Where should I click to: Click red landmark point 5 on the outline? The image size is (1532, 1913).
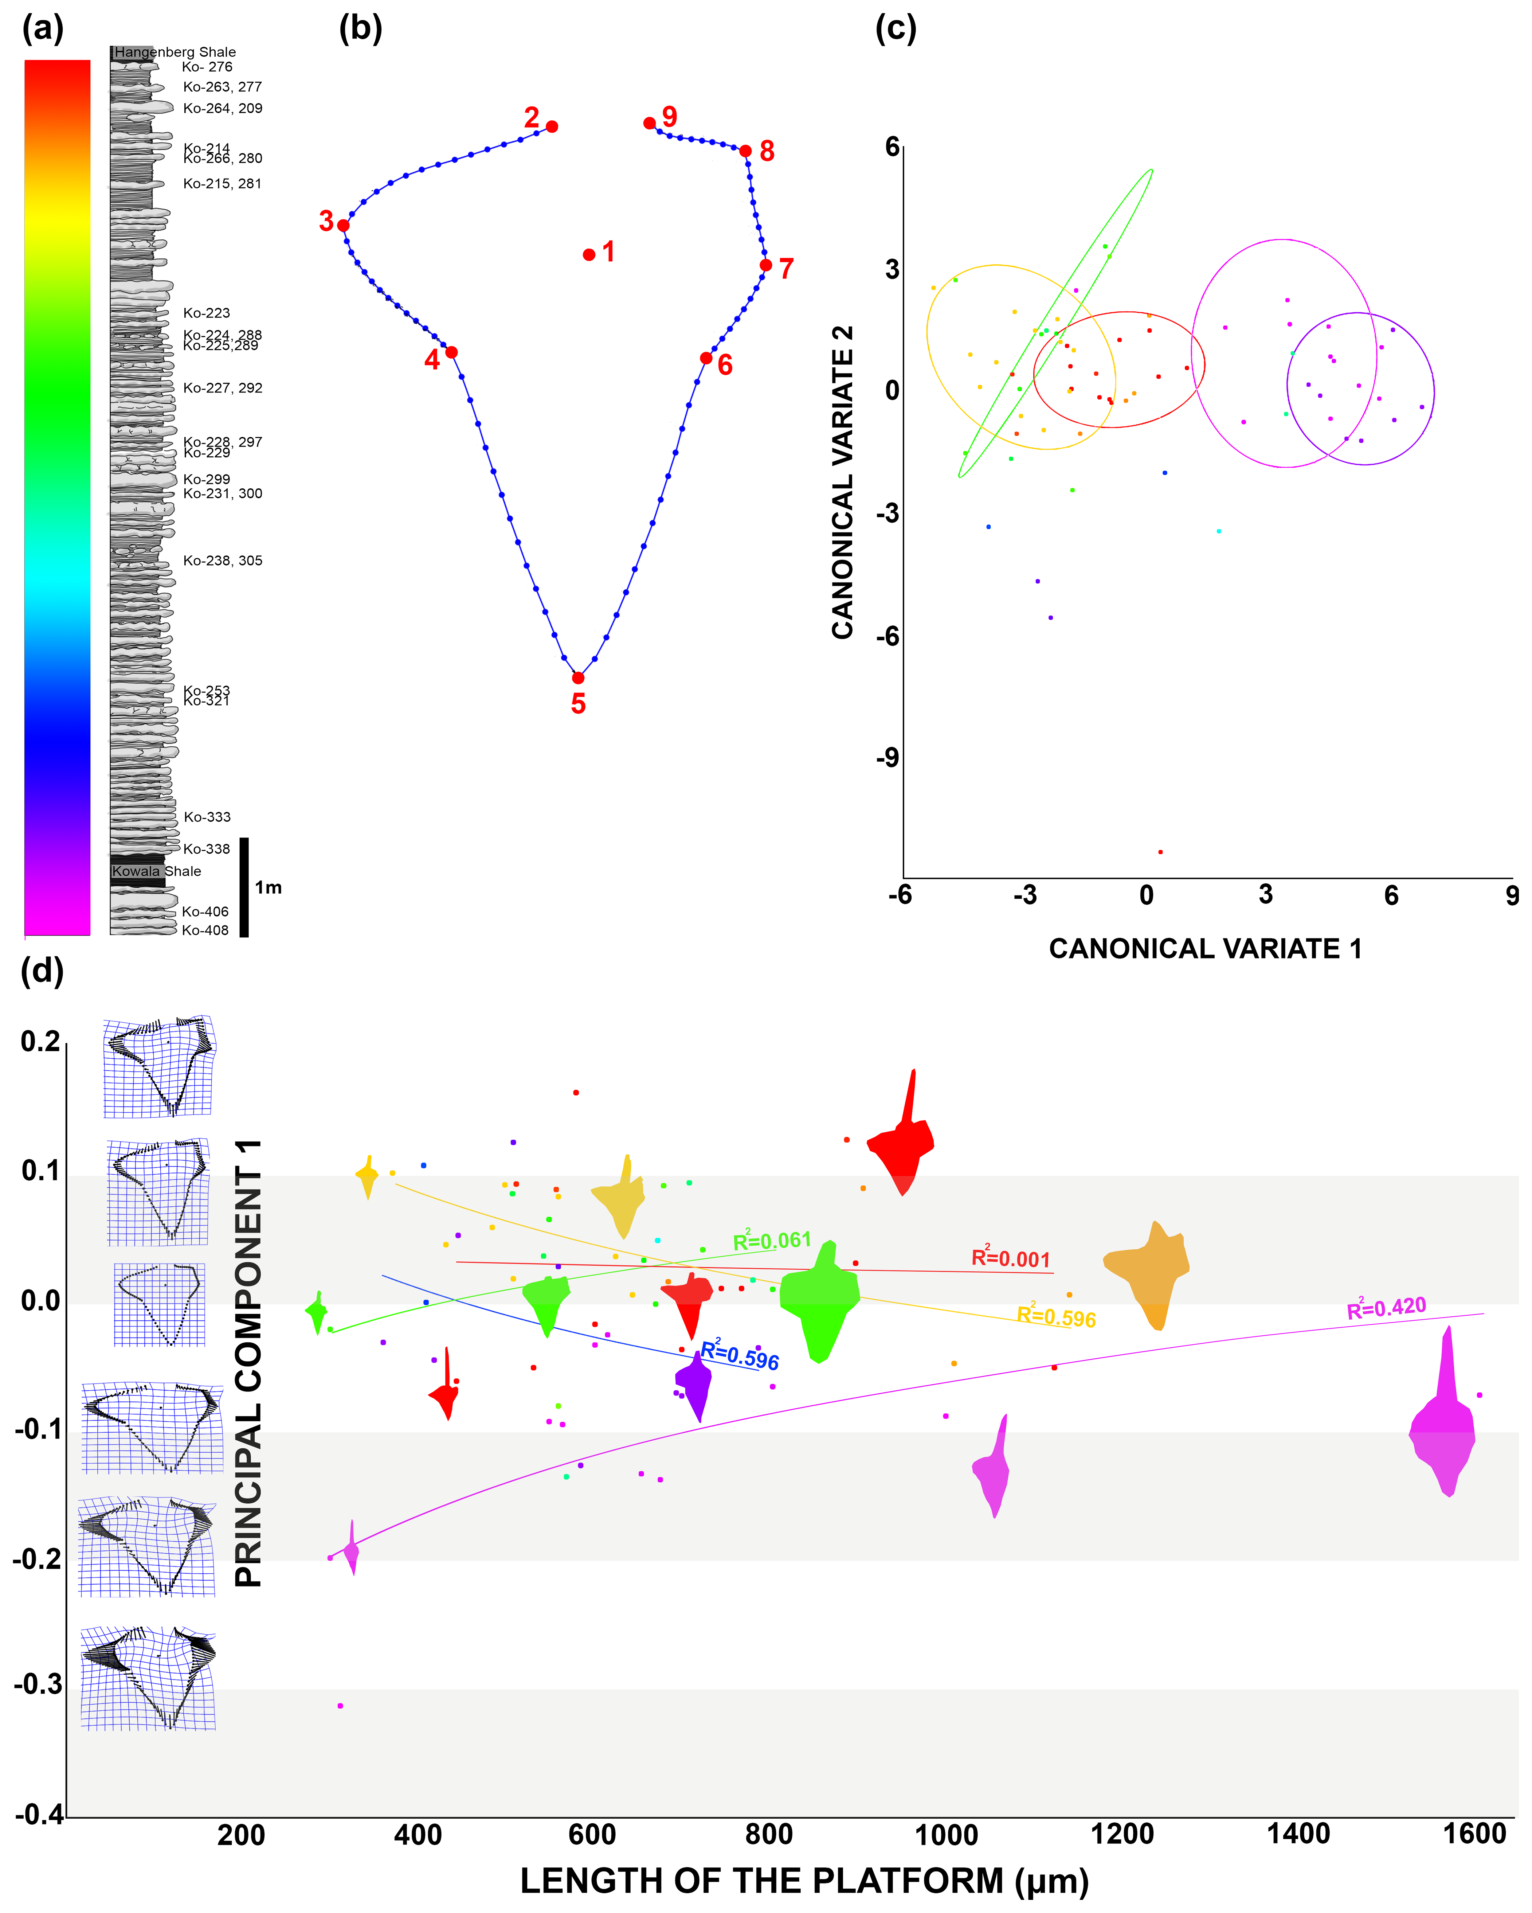[577, 678]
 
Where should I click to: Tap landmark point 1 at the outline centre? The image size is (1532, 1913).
[589, 255]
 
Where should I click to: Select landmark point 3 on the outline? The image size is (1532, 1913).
[343, 225]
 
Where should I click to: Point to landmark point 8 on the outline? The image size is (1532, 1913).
[745, 151]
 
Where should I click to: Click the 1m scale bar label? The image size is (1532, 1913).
[268, 887]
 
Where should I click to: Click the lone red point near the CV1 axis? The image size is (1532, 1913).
[1160, 852]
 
